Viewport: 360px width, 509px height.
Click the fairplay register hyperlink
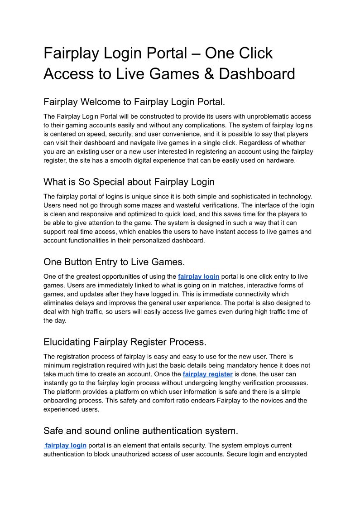point(207,374)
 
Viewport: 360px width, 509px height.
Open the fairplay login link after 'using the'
point(198,276)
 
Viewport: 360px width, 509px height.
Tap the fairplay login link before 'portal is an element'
point(66,445)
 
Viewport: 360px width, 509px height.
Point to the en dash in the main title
point(196,53)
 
